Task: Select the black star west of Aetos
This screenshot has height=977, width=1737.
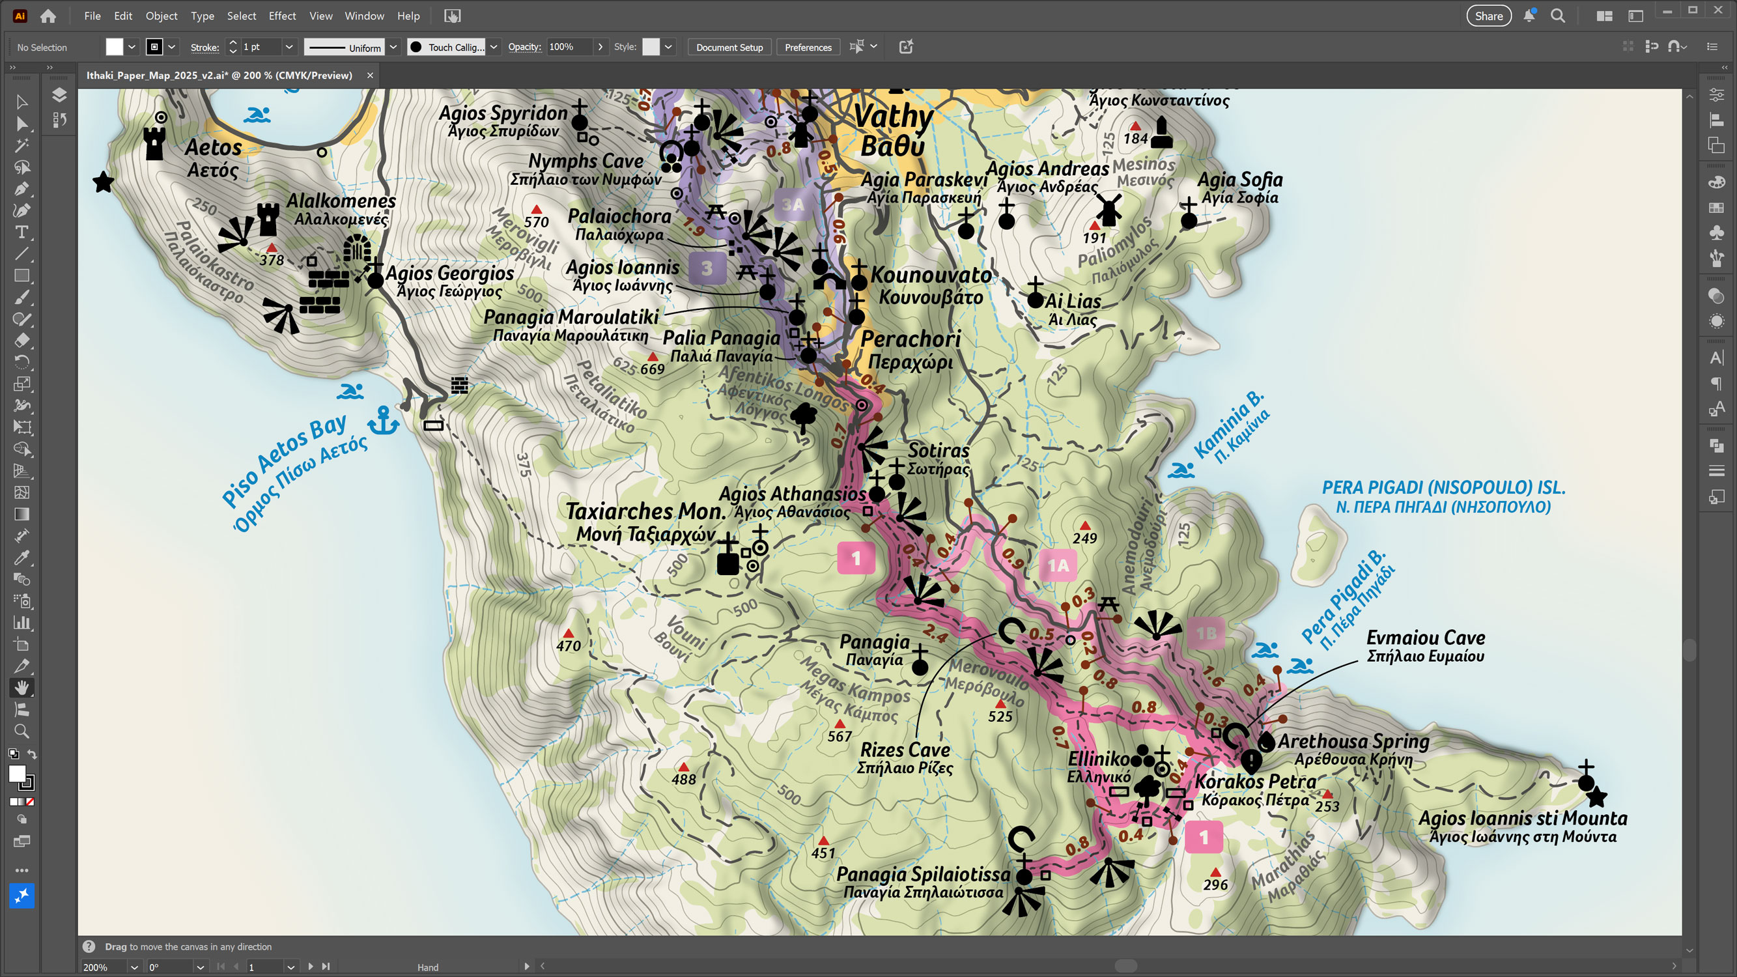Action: [103, 182]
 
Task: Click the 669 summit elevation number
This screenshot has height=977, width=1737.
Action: [652, 369]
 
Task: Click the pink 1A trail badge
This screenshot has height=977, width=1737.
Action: [1057, 565]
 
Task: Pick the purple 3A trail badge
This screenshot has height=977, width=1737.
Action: [793, 205]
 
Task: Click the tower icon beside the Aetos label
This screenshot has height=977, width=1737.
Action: [154, 143]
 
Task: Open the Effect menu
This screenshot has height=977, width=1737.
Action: [282, 16]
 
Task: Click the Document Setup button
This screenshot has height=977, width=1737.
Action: [729, 47]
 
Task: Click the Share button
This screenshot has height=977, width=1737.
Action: [1488, 16]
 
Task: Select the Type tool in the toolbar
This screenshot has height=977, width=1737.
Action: [21, 233]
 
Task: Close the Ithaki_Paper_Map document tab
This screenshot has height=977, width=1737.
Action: [369, 76]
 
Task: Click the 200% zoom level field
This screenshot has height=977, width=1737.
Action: [104, 967]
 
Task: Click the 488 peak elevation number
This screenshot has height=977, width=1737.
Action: [683, 780]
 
